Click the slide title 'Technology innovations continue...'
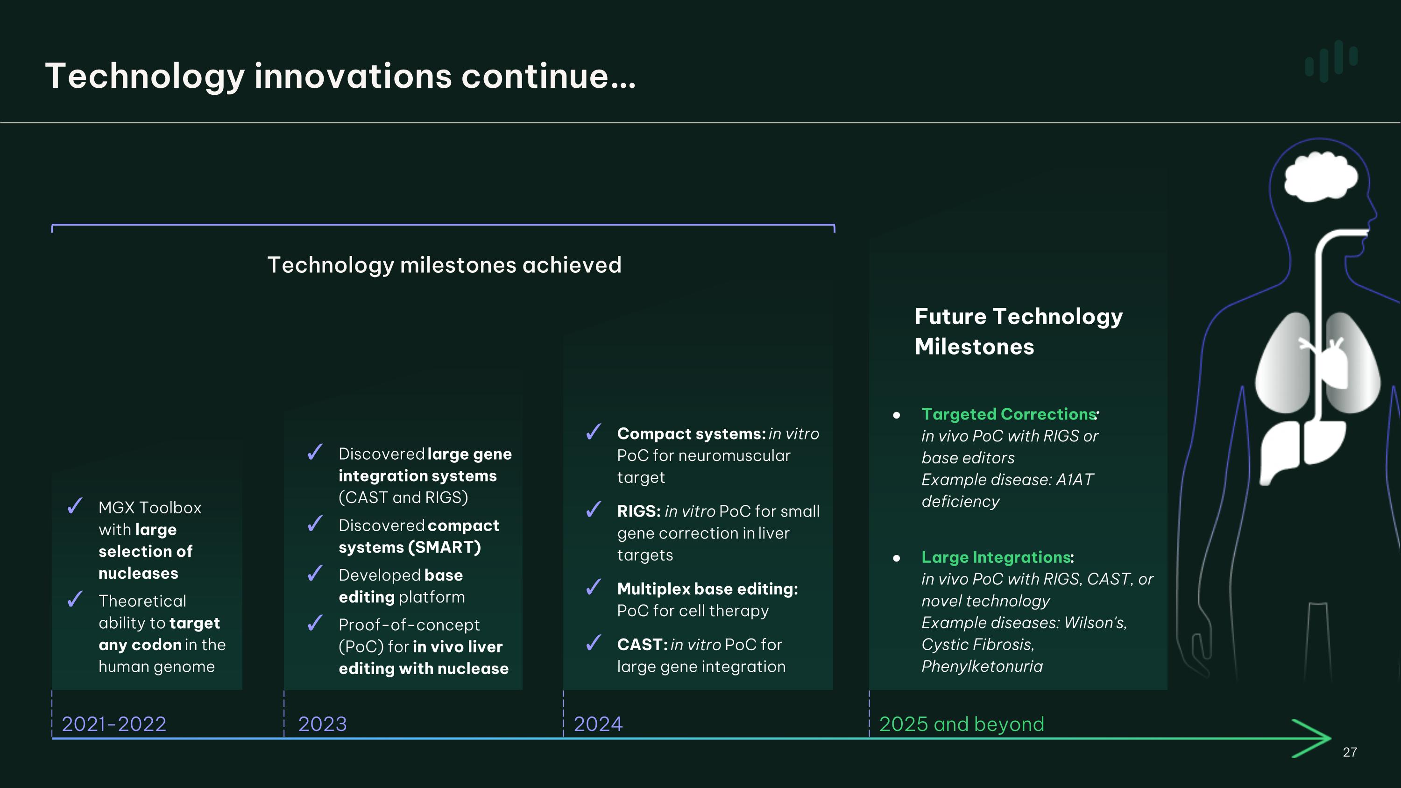pyautogui.click(x=340, y=76)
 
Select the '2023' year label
pyautogui.click(x=323, y=724)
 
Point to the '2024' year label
pyautogui.click(x=598, y=724)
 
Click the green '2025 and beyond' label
pyautogui.click(x=961, y=724)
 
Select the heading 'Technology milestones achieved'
pyautogui.click(x=444, y=265)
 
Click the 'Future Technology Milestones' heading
pyautogui.click(x=1018, y=331)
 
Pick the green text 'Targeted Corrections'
pyautogui.click(x=1008, y=414)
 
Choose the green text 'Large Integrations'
pyautogui.click(x=995, y=557)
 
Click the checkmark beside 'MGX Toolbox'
pyautogui.click(x=75, y=506)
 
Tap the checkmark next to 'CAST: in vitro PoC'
pyautogui.click(x=594, y=643)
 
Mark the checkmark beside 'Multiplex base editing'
pyautogui.click(x=594, y=587)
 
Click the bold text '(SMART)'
pyautogui.click(x=445, y=547)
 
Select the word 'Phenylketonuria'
pyautogui.click(x=982, y=666)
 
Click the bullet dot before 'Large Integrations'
pyautogui.click(x=896, y=558)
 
